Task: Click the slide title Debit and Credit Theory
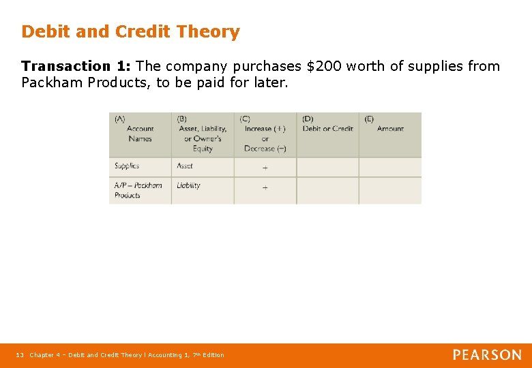[x=130, y=32]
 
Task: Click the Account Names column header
[x=140, y=134]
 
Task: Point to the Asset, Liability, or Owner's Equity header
[x=203, y=134]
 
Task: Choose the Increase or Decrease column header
[x=265, y=134]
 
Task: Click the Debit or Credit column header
[x=327, y=129]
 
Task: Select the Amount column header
[x=389, y=129]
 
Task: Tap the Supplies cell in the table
[x=128, y=166]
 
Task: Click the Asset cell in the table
[x=185, y=166]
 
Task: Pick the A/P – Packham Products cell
[x=138, y=190]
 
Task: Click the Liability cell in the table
[x=189, y=185]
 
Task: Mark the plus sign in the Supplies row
[x=265, y=168]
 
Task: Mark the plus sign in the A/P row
[x=265, y=187]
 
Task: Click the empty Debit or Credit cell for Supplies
[x=327, y=167]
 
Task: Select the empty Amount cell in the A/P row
[x=389, y=190]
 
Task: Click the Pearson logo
[x=487, y=355]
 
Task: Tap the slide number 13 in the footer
[x=20, y=355]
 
